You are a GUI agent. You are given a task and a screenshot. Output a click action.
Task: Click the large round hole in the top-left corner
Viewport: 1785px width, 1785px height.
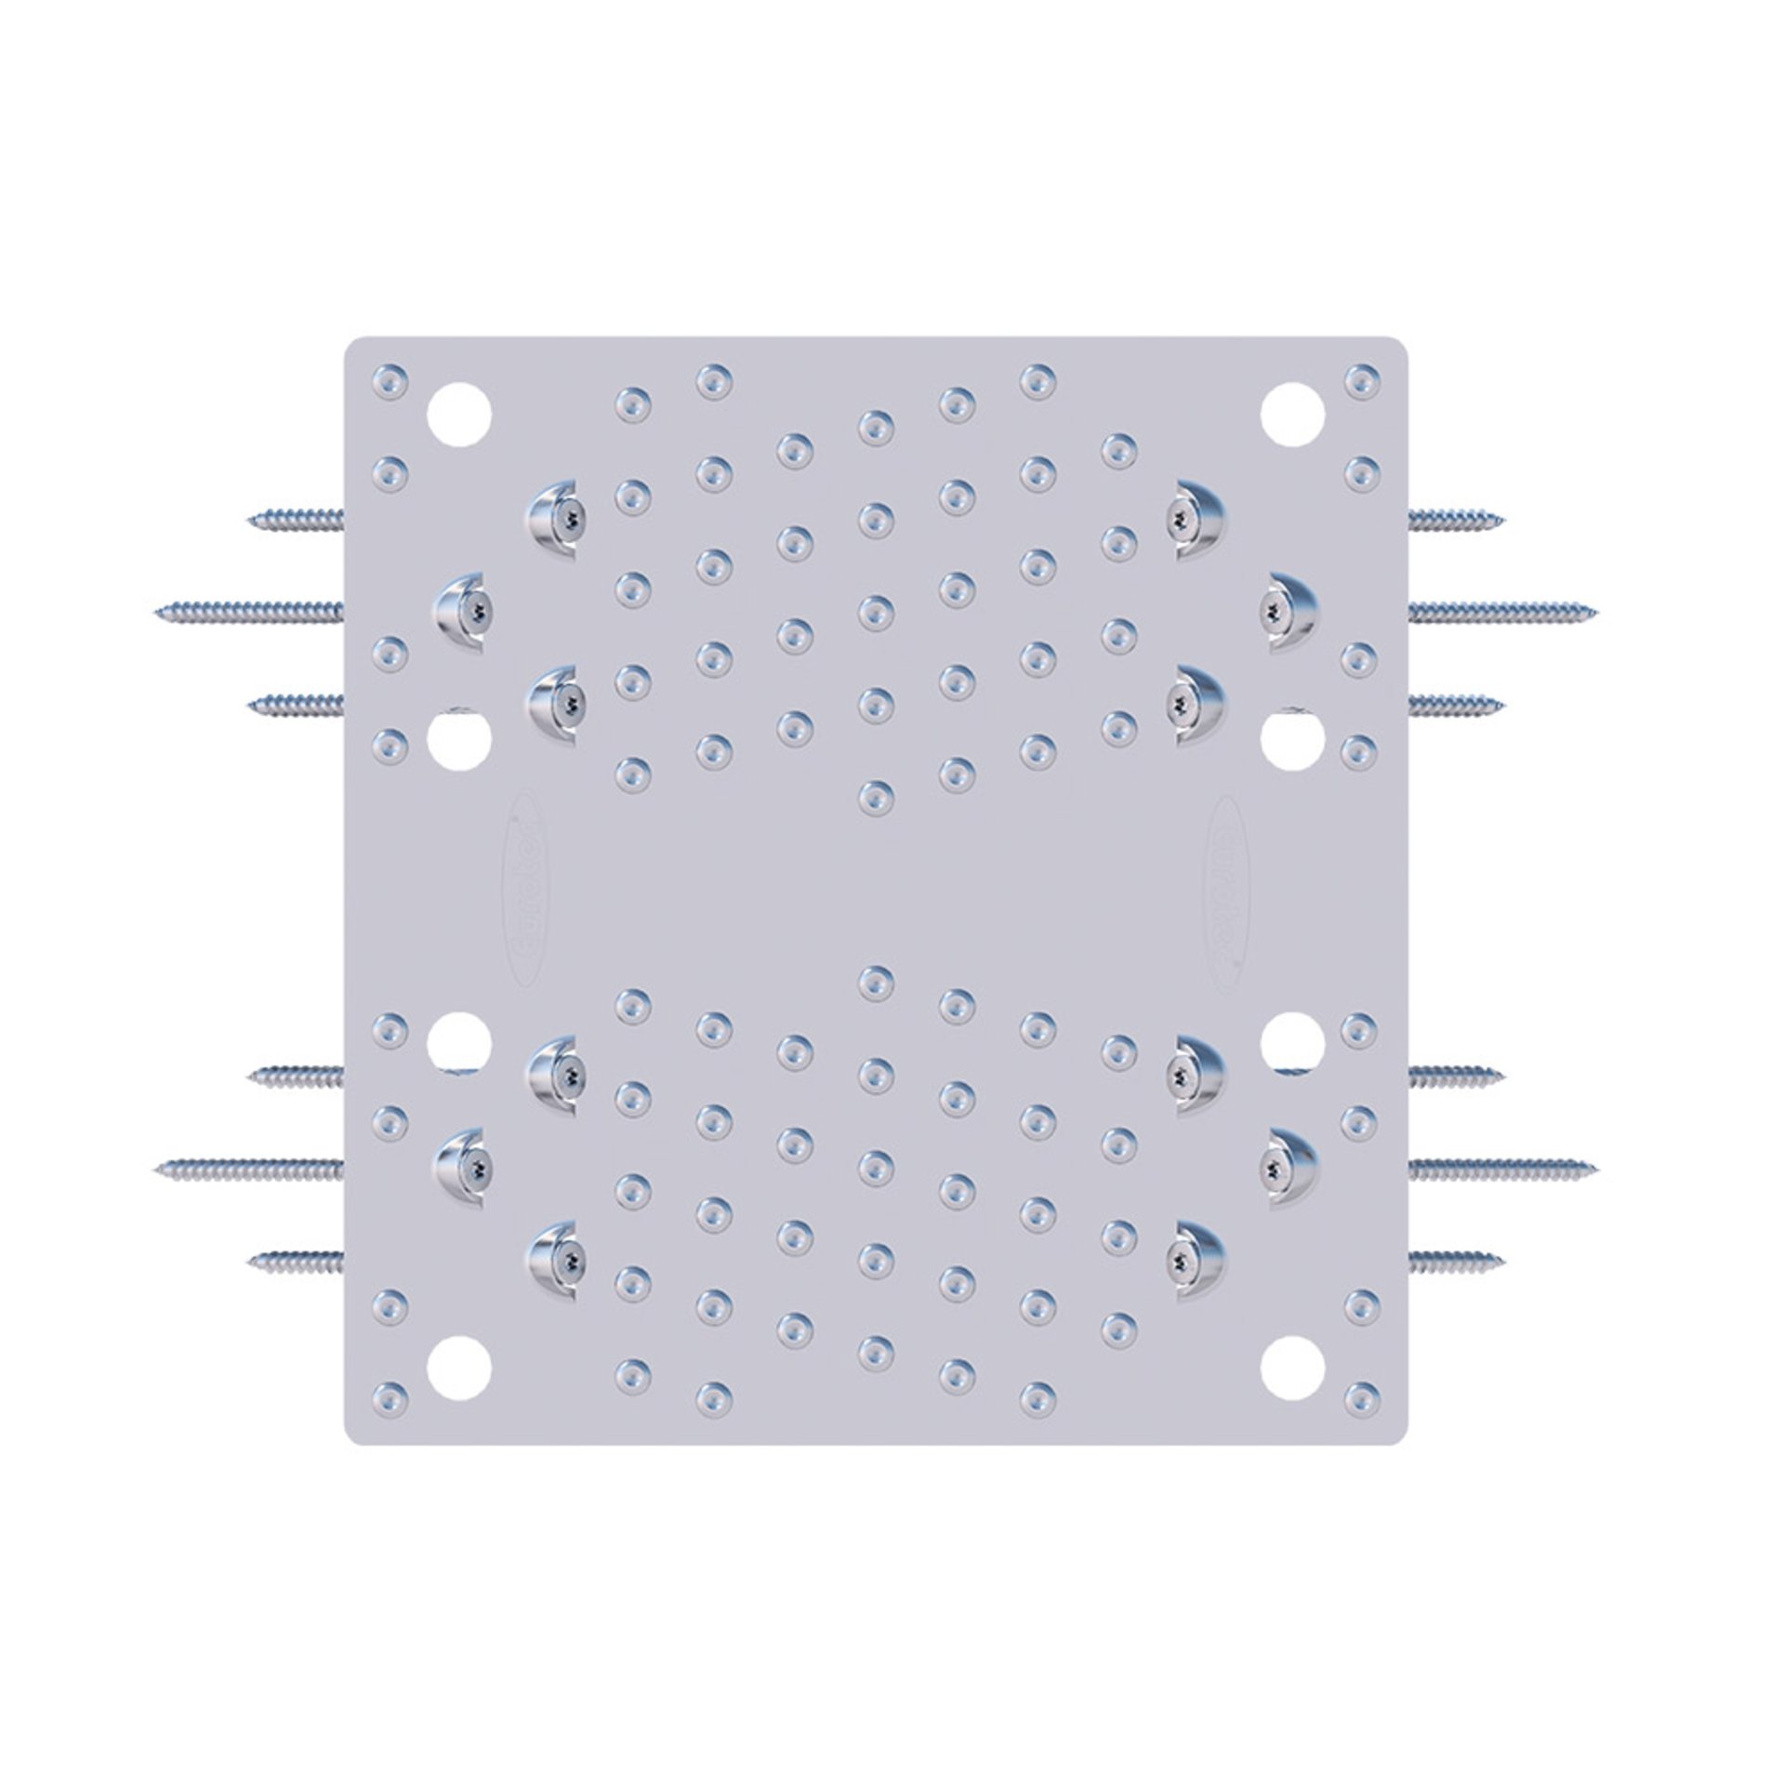point(458,414)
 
